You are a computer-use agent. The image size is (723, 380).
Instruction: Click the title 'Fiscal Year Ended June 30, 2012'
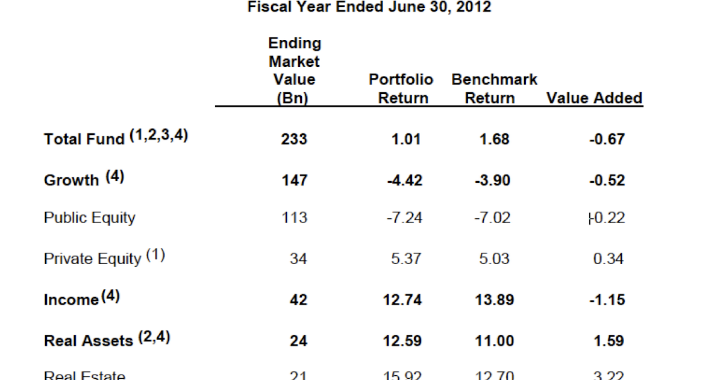(369, 8)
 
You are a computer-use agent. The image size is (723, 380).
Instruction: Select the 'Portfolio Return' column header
(401, 89)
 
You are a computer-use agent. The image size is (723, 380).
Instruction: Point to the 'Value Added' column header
(594, 98)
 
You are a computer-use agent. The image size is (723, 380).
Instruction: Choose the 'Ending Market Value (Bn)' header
(294, 71)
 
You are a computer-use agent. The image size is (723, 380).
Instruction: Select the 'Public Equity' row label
(90, 218)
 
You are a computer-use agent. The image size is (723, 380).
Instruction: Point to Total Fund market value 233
(294, 139)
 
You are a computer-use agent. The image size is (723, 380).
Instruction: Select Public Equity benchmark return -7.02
(491, 218)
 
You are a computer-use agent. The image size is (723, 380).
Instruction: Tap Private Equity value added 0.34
(608, 259)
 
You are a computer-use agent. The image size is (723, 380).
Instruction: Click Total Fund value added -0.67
(606, 139)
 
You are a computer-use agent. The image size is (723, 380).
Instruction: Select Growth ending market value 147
(294, 180)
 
